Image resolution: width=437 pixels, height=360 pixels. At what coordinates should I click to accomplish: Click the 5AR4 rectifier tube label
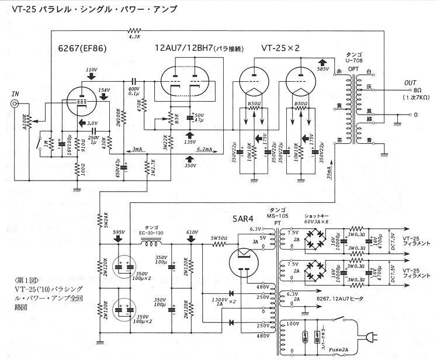pyautogui.click(x=242, y=220)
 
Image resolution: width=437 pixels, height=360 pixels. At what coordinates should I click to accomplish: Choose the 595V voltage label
pyautogui.click(x=119, y=232)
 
